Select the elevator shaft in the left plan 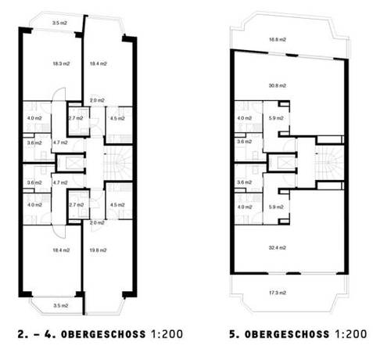(68, 163)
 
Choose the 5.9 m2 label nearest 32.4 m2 (275, 207)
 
